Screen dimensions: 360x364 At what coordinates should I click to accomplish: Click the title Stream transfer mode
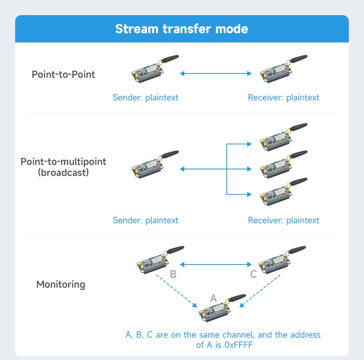[x=182, y=29]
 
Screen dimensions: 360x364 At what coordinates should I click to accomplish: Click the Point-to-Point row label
[x=63, y=74]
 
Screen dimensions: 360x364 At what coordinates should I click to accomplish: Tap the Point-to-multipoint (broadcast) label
[x=63, y=167]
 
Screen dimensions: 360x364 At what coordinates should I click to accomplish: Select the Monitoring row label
[x=61, y=284]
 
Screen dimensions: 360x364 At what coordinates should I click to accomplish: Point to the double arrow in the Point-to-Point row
[x=216, y=74]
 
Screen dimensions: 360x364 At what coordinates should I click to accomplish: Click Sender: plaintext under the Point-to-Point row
[x=145, y=97]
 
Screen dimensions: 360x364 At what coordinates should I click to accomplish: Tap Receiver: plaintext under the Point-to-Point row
[x=284, y=97]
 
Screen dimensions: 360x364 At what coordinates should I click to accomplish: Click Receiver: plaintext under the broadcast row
[x=284, y=220]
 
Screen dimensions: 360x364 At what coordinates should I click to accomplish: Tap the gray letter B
[x=173, y=274]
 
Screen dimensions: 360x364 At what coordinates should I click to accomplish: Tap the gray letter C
[x=254, y=274]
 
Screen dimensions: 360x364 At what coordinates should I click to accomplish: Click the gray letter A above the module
[x=213, y=299]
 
